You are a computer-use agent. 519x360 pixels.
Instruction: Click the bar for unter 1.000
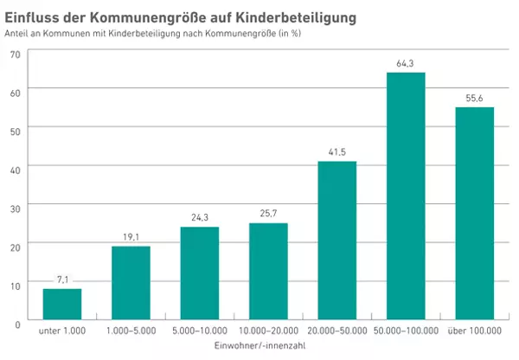point(62,305)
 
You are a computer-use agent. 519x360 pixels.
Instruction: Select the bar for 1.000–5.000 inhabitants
point(131,283)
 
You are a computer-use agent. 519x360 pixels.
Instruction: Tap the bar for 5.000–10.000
point(199,273)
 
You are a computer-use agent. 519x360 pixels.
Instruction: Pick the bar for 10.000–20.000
point(268,271)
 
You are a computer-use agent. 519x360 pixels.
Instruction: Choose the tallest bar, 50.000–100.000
point(405,196)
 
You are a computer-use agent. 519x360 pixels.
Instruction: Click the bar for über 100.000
point(474,214)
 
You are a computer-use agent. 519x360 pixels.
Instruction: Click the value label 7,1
point(62,280)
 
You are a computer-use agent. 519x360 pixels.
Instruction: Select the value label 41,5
point(337,152)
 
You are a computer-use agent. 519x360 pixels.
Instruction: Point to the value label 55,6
point(474,98)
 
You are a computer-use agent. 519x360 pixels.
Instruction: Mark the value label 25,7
point(268,214)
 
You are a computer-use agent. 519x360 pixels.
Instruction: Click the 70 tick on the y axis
point(14,54)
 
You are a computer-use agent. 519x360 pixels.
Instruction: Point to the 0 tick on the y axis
point(17,322)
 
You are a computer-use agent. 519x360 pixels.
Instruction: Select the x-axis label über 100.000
point(474,331)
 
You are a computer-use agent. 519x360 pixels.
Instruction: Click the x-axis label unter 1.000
point(62,331)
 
